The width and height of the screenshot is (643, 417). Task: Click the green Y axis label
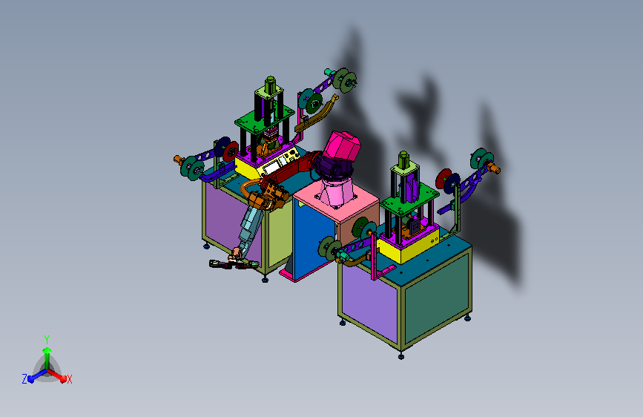47,339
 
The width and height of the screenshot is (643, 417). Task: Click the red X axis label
70,379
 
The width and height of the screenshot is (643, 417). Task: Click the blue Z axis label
24,379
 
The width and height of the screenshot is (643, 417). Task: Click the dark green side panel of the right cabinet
436,295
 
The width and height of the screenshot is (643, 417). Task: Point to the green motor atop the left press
270,84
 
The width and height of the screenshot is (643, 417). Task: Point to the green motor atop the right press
403,159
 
